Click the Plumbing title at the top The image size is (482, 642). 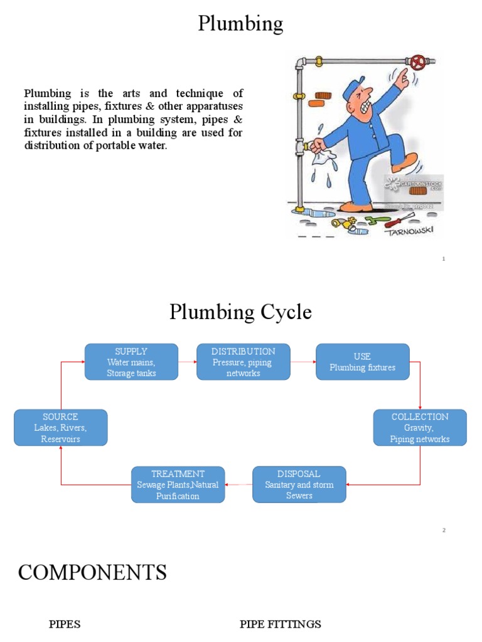tap(240, 24)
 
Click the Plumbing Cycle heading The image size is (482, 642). tap(240, 312)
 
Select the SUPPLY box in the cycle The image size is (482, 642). tap(131, 362)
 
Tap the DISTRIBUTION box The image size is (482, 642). tap(244, 362)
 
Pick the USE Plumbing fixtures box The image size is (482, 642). tap(362, 362)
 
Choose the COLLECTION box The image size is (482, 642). tap(420, 428)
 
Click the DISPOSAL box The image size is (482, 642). tap(299, 485)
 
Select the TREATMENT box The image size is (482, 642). tap(178, 485)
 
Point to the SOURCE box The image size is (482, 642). tap(60, 428)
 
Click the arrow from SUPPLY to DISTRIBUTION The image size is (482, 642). tap(187, 362)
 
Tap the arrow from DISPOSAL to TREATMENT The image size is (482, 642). tap(238, 485)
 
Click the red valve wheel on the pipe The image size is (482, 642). tap(417, 62)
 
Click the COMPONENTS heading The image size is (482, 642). tap(92, 572)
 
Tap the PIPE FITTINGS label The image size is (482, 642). tap(280, 624)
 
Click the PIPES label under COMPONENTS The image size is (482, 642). tap(65, 624)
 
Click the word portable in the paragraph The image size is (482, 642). tap(109, 146)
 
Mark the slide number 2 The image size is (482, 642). tap(444, 530)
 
